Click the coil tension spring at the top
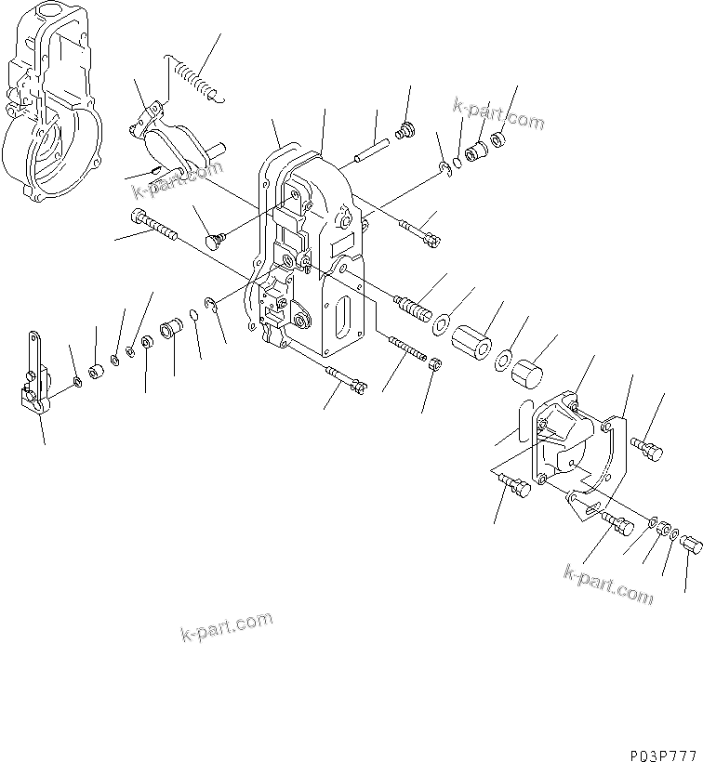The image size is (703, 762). (192, 76)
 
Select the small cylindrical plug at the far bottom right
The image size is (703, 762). (690, 544)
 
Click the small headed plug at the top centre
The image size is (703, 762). (405, 130)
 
